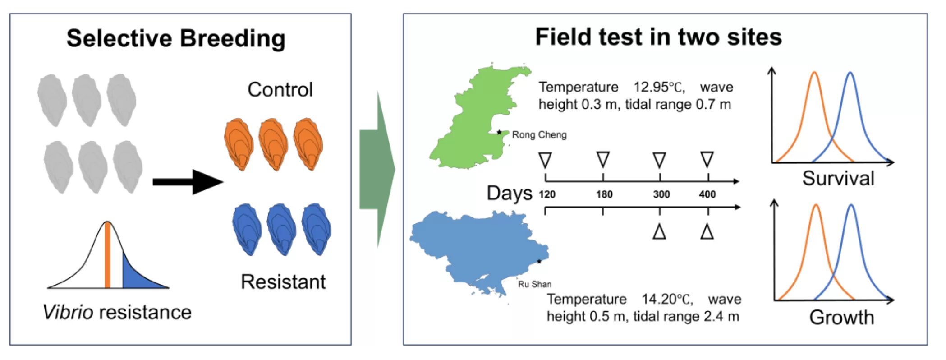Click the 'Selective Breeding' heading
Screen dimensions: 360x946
[x=176, y=38]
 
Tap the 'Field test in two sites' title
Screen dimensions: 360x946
[x=658, y=37]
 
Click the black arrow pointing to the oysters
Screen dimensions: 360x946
[x=188, y=182]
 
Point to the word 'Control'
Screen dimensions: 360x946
[x=280, y=90]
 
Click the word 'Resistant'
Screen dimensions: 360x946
[x=283, y=282]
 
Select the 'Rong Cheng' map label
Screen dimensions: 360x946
[x=539, y=135]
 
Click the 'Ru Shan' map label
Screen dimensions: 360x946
[x=535, y=284]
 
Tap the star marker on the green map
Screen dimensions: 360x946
[x=499, y=132]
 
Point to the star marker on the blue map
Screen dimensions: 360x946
[x=539, y=261]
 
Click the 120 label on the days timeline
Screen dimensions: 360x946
[x=547, y=194]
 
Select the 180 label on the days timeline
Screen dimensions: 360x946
[x=604, y=194]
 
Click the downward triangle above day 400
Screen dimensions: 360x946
[x=707, y=159]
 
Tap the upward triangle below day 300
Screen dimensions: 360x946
[x=659, y=232]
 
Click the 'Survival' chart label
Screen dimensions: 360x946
[x=838, y=179]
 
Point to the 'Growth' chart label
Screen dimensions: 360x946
[x=841, y=318]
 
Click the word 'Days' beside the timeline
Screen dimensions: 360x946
[x=510, y=193]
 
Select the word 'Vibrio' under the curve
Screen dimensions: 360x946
[x=68, y=312]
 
